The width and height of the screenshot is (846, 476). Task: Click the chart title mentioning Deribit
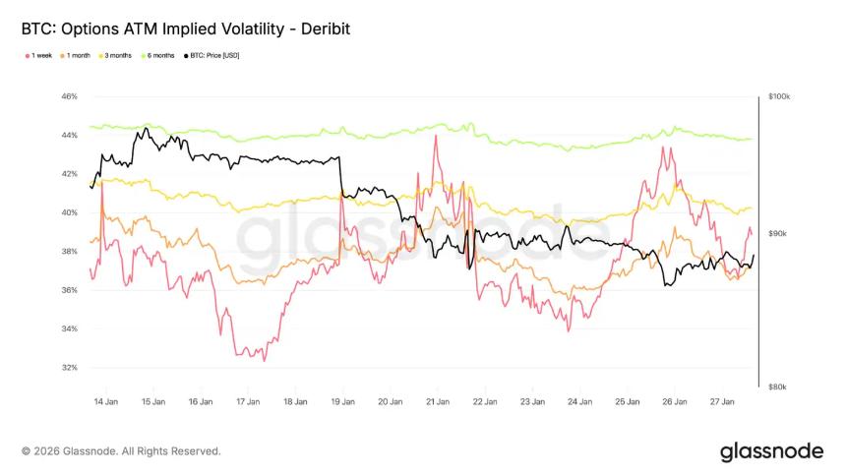[x=185, y=30]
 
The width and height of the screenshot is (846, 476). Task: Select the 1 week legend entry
[x=40, y=55]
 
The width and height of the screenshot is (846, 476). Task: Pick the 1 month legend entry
[x=78, y=55]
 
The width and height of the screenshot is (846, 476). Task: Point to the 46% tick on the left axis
[x=69, y=96]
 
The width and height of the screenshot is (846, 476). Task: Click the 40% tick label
[x=69, y=212]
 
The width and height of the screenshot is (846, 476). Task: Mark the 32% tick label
[x=69, y=368]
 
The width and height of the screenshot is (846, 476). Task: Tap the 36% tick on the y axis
[x=69, y=290]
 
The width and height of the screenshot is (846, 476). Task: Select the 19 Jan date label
[x=342, y=401]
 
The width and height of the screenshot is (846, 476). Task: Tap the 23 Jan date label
[x=532, y=401]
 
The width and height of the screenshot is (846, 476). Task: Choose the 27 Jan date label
[x=724, y=401]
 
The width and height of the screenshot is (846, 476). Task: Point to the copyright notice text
[x=121, y=451]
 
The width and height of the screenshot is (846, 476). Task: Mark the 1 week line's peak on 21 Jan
[x=435, y=137]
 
